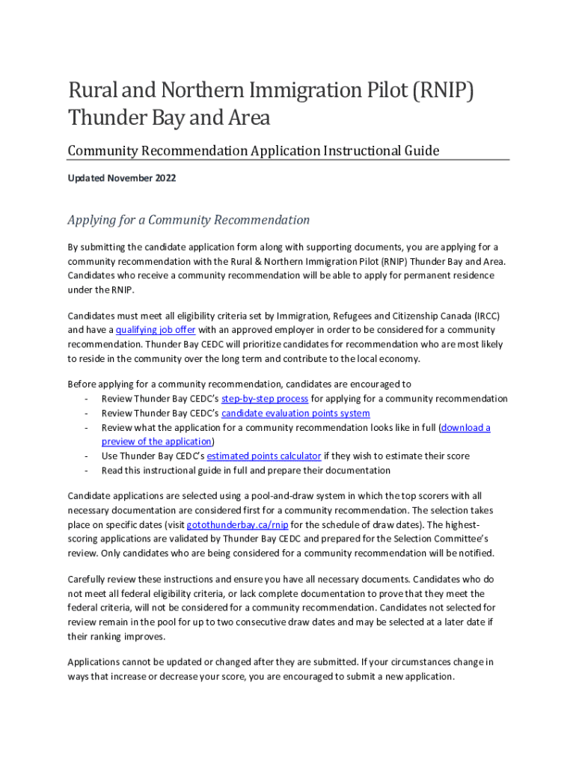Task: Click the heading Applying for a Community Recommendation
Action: pos(189,220)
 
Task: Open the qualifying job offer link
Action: pos(152,330)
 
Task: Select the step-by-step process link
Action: pos(265,399)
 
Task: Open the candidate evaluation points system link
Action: pos(295,413)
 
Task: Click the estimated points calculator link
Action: pos(264,456)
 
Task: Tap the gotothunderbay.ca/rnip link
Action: pos(237,524)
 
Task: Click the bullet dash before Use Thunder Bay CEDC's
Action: pos(88,456)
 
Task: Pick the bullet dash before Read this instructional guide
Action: pos(88,471)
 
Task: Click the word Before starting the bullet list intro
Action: pos(83,384)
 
